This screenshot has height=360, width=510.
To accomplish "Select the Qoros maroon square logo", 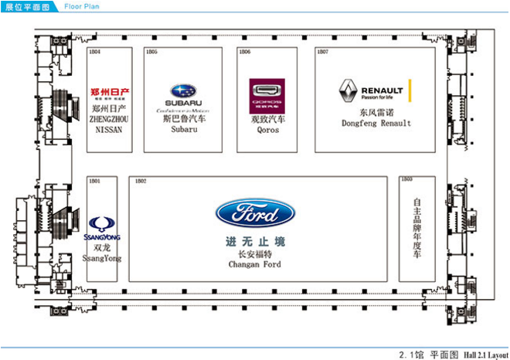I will click(x=267, y=97).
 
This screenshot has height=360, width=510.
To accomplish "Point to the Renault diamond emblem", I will click(x=348, y=92).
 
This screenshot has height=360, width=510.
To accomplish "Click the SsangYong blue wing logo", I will click(x=102, y=226).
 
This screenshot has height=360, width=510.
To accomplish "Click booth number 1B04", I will click(x=96, y=52).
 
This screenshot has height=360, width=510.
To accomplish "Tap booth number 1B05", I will click(x=151, y=52).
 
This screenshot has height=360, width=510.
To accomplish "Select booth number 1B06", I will click(x=245, y=52).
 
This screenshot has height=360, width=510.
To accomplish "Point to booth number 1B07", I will click(x=323, y=52).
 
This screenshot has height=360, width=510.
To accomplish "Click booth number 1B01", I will click(x=96, y=181).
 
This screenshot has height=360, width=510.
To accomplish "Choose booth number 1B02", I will click(x=141, y=181).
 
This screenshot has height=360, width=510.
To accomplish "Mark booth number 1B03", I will click(x=407, y=179).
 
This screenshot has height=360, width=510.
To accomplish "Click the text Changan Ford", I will click(x=255, y=265).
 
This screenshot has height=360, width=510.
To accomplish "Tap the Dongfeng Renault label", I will click(x=376, y=124).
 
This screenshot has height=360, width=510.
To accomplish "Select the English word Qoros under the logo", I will click(x=267, y=130).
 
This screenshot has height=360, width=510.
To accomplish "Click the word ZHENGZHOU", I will click(x=108, y=121).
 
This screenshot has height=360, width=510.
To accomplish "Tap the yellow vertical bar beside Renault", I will click(x=411, y=91).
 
